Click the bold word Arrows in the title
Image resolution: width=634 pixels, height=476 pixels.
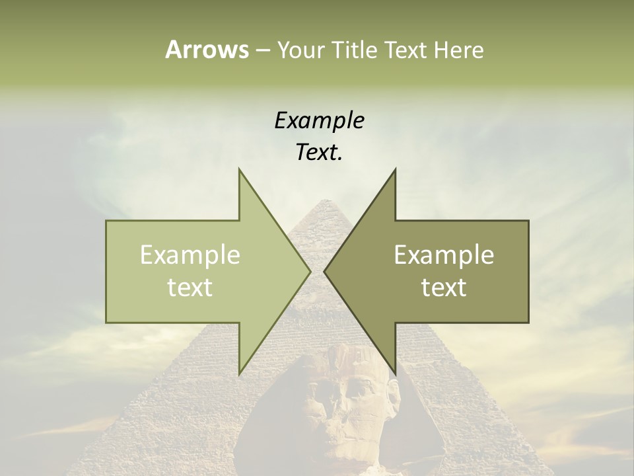coord(207,50)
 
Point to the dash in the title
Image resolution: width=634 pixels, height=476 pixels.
coord(262,51)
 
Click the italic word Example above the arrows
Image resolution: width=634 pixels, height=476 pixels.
coord(319,121)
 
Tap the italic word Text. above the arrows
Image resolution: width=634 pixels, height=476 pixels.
coord(319,153)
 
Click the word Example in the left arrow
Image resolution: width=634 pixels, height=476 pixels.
coord(190,255)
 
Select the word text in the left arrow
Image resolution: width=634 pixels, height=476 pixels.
coord(190,288)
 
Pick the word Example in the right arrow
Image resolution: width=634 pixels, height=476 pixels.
coord(444,255)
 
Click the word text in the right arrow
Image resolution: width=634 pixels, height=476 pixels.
coord(444,288)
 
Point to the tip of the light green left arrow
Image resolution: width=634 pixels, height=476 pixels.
coord(310,272)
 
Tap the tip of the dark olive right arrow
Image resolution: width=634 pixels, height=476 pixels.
coord(324,272)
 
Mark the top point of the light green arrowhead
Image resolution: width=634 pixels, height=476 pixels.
coord(239,169)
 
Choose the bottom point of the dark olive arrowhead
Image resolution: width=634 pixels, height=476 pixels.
coord(395,374)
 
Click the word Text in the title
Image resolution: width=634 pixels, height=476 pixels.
coord(406,50)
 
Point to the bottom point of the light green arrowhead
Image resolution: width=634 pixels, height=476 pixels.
coord(239,374)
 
